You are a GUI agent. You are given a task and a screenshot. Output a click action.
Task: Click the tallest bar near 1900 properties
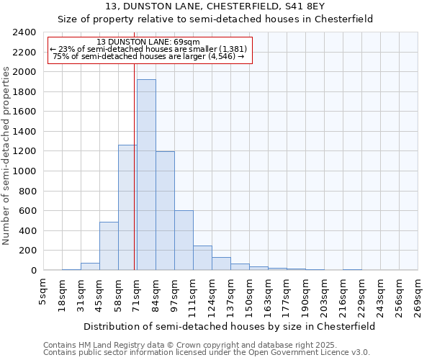click(146, 175)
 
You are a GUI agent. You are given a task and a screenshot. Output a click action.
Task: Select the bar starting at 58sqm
click(127, 207)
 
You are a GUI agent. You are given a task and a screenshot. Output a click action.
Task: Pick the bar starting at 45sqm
click(109, 246)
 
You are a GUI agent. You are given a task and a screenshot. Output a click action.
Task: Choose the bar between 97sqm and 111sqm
click(184, 240)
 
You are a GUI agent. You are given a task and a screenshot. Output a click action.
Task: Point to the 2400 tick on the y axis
click(24, 32)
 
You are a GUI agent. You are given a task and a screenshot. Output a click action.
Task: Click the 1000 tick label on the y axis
click(24, 171)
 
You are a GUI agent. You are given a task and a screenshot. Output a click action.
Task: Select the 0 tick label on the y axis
click(33, 271)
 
